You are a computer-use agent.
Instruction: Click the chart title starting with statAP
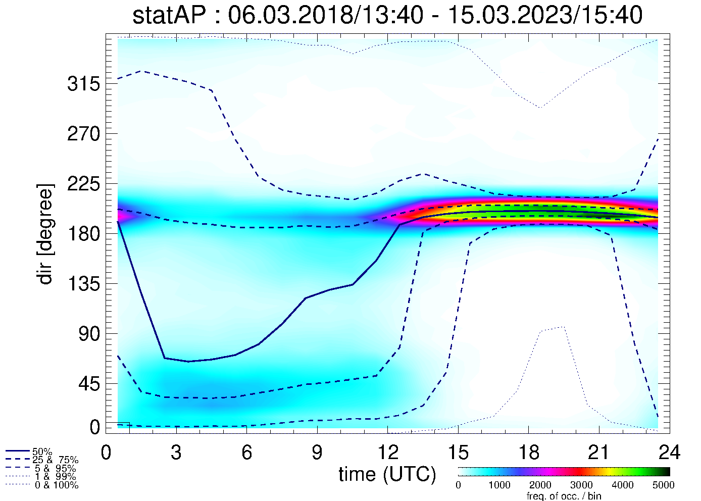[x=387, y=15]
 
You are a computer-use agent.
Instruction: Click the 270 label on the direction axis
[x=83, y=134]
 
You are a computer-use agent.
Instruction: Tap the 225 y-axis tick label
[x=83, y=184]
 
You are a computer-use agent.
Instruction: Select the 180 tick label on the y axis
[x=83, y=234]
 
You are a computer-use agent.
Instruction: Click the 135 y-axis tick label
[x=83, y=284]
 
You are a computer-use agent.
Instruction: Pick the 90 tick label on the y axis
[x=89, y=334]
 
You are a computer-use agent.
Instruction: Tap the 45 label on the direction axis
[x=89, y=384]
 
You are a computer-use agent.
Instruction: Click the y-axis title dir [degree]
[x=45, y=234]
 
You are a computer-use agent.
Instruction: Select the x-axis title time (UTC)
[x=387, y=474]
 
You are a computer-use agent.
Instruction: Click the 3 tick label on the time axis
[x=176, y=453]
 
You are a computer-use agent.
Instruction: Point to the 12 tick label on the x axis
[x=387, y=453]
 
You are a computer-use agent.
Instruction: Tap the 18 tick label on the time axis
[x=528, y=453]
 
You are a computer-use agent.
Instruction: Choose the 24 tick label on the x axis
[x=669, y=453]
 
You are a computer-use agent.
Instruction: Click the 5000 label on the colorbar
[x=663, y=485]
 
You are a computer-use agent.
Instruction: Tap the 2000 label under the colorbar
[x=540, y=485]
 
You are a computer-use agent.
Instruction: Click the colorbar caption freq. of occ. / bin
[x=564, y=496]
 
